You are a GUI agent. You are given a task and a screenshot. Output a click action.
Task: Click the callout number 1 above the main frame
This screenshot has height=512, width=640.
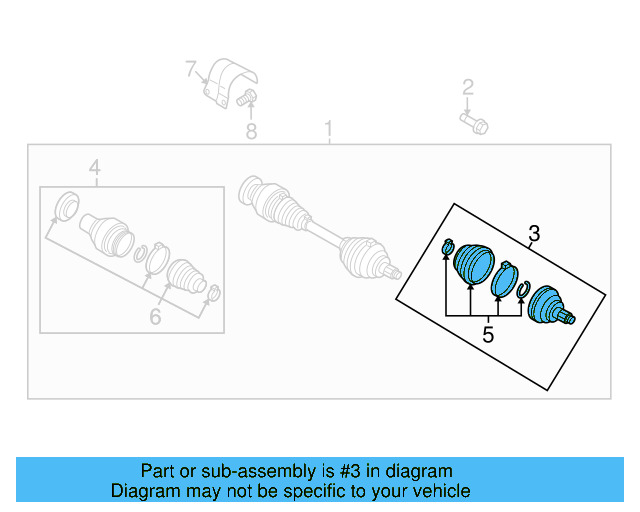click(x=327, y=129)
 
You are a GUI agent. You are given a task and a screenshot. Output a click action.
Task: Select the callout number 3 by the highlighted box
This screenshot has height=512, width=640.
click(x=534, y=234)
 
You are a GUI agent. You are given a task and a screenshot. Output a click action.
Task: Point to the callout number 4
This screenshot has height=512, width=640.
click(x=95, y=167)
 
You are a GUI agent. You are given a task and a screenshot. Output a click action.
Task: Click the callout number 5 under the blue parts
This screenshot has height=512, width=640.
click(x=487, y=334)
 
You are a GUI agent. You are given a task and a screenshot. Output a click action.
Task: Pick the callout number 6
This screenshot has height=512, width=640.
click(x=155, y=318)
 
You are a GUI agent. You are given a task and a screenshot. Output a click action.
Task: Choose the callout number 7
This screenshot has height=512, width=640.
click(x=190, y=69)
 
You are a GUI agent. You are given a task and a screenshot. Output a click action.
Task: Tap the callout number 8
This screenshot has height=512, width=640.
click(x=251, y=130)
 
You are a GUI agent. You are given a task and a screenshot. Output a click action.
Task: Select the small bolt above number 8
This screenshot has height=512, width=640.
click(x=249, y=98)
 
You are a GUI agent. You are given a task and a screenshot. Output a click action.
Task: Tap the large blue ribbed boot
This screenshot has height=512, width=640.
click(x=473, y=265)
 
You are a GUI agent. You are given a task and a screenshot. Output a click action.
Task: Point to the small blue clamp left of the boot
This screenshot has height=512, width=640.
click(x=447, y=247)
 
